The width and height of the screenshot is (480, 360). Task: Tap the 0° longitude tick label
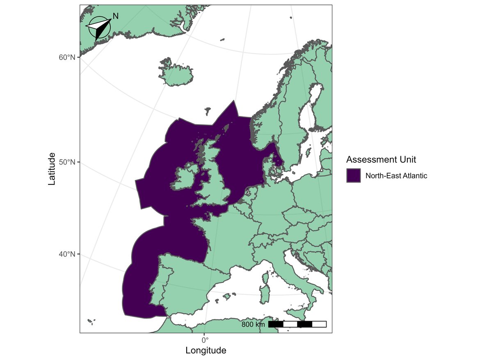pyautogui.click(x=205, y=339)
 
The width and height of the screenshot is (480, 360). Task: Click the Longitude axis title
pyautogui.click(x=206, y=351)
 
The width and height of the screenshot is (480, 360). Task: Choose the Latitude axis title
pyautogui.click(x=52, y=169)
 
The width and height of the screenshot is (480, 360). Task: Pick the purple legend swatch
pyautogui.click(x=353, y=175)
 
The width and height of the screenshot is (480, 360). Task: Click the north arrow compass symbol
pyautogui.click(x=99, y=27)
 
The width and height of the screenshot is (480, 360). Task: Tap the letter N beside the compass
pyautogui.click(x=116, y=16)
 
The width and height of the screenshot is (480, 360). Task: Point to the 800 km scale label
pyautogui.click(x=253, y=325)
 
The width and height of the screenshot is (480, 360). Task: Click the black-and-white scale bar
pyautogui.click(x=297, y=324)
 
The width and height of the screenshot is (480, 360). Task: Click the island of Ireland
pyautogui.click(x=185, y=178)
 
